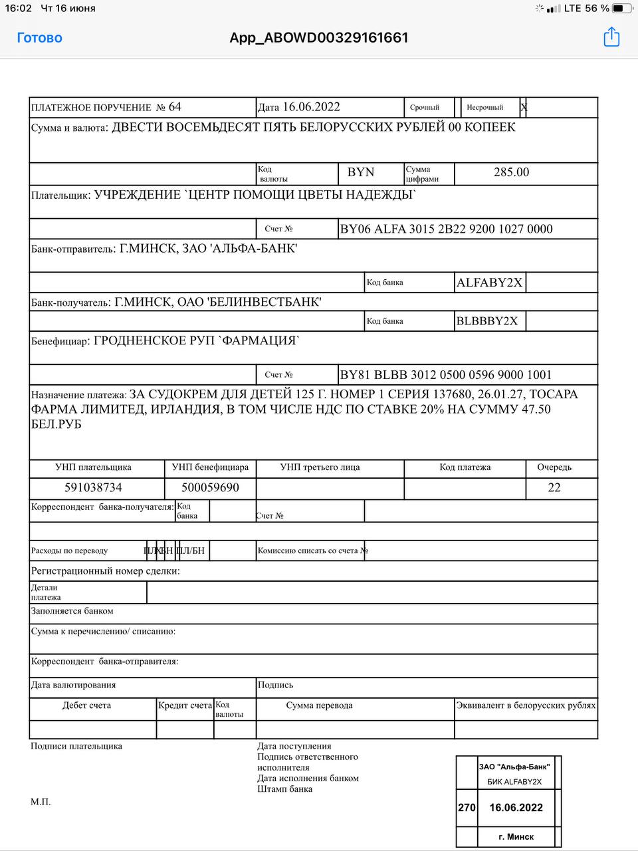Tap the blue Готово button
[39, 38]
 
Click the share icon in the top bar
[611, 37]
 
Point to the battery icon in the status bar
[622, 9]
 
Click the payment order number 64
[175, 107]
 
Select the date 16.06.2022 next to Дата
[311, 107]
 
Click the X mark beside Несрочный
[524, 107]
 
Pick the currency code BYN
[361, 172]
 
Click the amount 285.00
[511, 172]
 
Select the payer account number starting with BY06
[446, 229]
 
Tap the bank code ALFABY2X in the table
[489, 283]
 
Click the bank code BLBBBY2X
[486, 321]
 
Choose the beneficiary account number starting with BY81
[445, 375]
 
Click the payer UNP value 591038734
[93, 487]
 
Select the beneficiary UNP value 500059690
[210, 487]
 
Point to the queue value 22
[554, 487]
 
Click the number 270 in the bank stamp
[467, 808]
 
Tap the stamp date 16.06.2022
[516, 808]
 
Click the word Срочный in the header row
[425, 107]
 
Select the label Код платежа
[465, 467]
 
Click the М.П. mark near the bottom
[41, 802]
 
